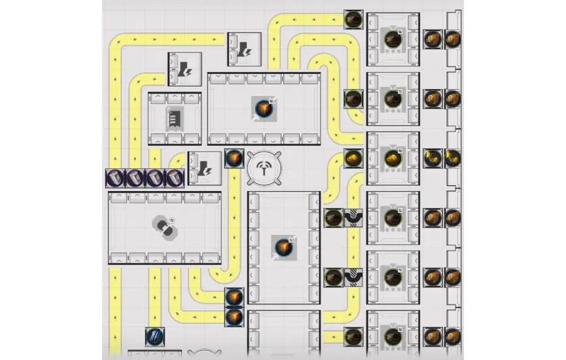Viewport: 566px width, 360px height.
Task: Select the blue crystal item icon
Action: click(155, 337)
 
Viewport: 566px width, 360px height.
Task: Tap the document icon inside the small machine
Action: click(173, 119)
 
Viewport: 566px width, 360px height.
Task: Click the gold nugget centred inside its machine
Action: click(393, 159)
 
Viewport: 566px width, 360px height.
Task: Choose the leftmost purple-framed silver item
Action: click(115, 177)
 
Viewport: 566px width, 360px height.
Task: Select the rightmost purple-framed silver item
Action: click(174, 177)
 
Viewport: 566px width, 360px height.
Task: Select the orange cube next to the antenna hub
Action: click(234, 159)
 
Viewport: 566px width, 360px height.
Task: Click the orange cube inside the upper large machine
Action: click(263, 108)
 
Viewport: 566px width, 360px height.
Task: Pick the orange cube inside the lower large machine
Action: click(283, 247)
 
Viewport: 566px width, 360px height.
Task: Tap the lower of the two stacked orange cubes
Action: click(234, 317)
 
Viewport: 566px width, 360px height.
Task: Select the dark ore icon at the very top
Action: click(354, 19)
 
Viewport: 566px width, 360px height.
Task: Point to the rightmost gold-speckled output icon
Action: click(452, 158)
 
